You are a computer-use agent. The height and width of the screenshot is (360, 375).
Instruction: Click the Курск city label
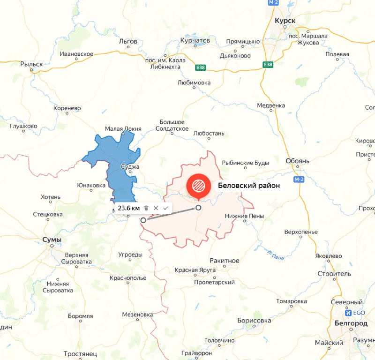point(285,21)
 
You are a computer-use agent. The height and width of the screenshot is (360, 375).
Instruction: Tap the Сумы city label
point(52,240)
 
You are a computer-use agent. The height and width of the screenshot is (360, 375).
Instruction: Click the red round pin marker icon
point(198,186)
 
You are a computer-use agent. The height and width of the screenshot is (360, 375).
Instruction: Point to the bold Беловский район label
point(249,186)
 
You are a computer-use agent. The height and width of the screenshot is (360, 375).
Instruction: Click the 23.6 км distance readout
point(128,208)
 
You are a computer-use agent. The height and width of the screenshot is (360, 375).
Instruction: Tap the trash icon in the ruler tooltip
point(146,208)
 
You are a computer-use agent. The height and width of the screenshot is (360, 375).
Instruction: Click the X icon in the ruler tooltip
point(156,208)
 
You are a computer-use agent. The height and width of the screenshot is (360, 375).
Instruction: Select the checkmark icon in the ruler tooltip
point(165,208)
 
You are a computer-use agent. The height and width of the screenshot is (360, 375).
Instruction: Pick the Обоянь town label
point(298,161)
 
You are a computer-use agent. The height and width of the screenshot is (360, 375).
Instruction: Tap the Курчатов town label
point(195,41)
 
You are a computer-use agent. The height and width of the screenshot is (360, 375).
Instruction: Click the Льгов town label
point(128,41)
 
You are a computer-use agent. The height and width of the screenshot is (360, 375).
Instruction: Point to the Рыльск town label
point(31,64)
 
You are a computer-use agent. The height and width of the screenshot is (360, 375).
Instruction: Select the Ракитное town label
point(225,261)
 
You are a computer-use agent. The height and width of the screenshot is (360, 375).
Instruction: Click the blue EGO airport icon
point(348,313)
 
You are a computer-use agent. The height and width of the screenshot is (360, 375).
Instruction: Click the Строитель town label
point(334,273)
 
